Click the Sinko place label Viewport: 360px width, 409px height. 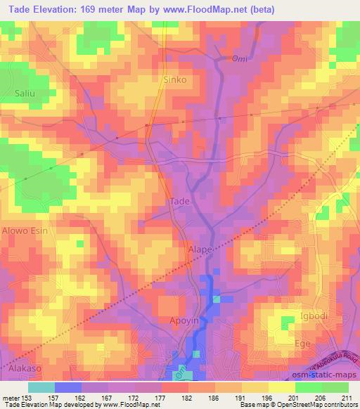[175, 79]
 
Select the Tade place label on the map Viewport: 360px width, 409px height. [180, 202]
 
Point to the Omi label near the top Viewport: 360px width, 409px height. [240, 58]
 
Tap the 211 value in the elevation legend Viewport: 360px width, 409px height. [348, 398]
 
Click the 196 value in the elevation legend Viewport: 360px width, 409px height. [267, 398]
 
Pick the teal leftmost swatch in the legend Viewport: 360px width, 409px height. [41, 387]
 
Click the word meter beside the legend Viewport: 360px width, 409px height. [12, 398]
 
